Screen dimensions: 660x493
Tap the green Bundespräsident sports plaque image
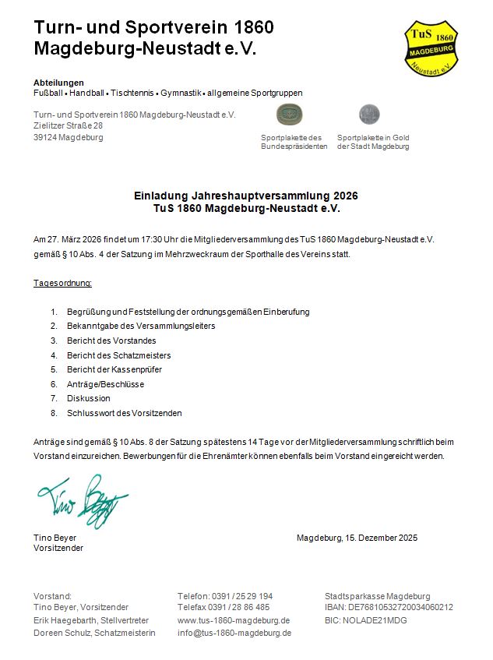click(290, 115)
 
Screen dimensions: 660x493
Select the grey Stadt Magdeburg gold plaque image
click(369, 115)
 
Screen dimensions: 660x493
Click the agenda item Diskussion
click(89, 398)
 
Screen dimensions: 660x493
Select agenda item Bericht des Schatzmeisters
click(119, 355)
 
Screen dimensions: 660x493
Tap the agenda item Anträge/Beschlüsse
click(105, 384)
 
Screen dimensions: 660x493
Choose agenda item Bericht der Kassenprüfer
click(117, 369)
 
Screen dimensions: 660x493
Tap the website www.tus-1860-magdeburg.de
click(234, 620)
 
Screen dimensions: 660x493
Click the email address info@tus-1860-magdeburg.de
click(234, 633)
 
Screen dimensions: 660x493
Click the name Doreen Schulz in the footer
click(62, 633)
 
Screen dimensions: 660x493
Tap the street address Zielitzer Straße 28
click(69, 125)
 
